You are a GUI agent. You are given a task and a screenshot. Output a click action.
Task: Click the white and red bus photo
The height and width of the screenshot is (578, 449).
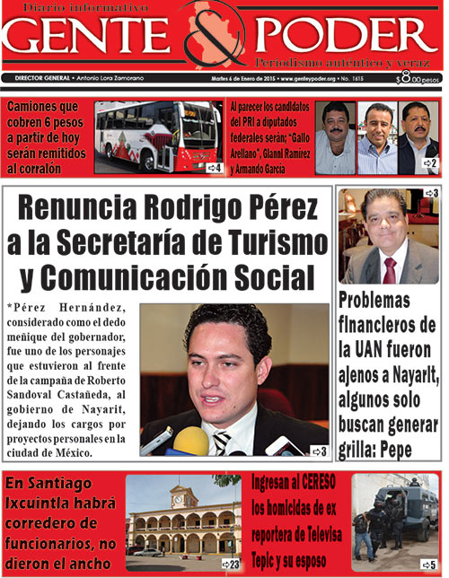(x=157, y=135)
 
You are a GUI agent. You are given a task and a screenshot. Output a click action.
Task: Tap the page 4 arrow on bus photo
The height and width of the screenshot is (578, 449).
(x=214, y=167)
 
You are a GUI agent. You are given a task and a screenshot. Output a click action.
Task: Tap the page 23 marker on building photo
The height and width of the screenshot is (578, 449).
(x=231, y=564)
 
